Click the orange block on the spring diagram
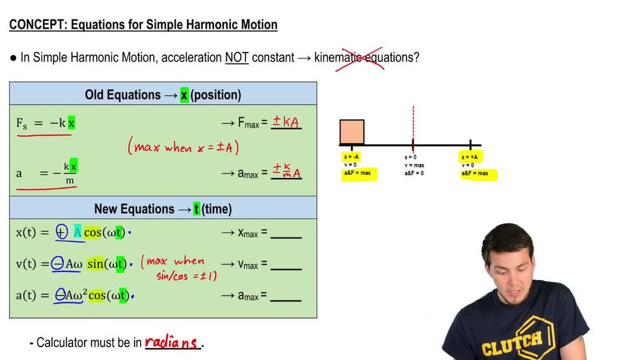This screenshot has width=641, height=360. pos(352,132)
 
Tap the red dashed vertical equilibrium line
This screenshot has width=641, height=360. pos(413,125)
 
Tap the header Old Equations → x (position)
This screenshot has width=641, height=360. pos(163,95)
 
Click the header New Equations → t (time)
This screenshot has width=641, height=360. pos(163,209)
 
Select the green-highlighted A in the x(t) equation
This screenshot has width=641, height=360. pos(78,233)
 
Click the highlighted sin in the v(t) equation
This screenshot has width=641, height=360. pos(95,264)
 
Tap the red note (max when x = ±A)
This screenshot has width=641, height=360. pos(183,147)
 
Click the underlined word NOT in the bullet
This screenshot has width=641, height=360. pos(237,58)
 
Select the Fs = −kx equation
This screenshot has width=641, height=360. pos(46,123)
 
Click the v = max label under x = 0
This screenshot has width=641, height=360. pos(413,165)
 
